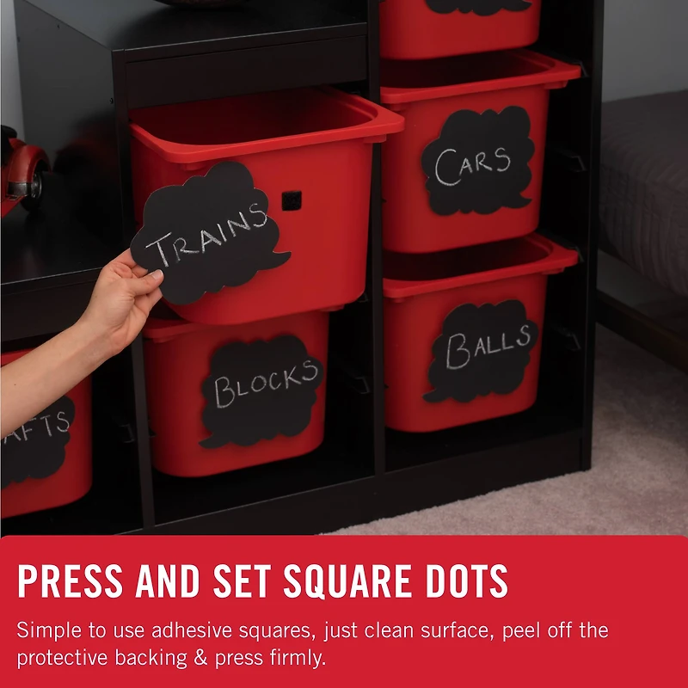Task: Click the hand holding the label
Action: pos(120,301)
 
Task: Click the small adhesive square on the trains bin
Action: pos(292,200)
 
